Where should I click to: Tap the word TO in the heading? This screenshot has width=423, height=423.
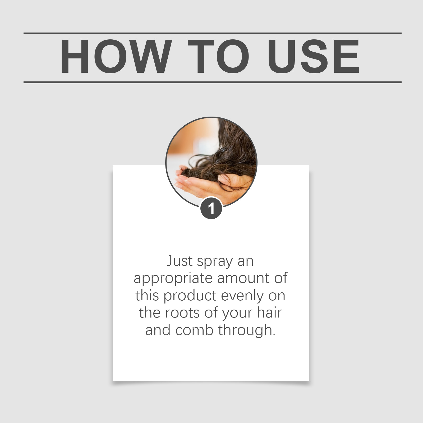click(218, 56)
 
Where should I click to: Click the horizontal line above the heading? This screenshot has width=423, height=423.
click(212, 34)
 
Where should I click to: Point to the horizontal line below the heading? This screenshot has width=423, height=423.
click(212, 82)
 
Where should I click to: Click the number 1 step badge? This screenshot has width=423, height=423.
click(211, 208)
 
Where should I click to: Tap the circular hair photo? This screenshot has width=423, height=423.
click(211, 162)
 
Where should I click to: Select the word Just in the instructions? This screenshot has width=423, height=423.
click(180, 261)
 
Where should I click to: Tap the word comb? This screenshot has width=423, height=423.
click(194, 330)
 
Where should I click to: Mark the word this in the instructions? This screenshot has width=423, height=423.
click(147, 296)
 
